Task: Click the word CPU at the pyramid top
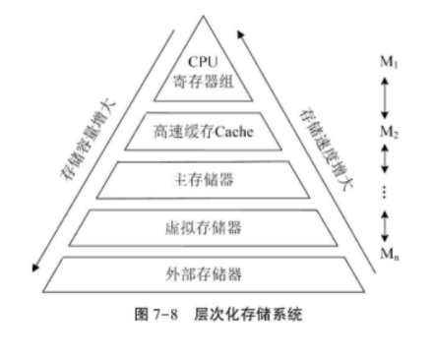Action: [x=202, y=62]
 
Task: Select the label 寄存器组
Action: [x=202, y=82]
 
